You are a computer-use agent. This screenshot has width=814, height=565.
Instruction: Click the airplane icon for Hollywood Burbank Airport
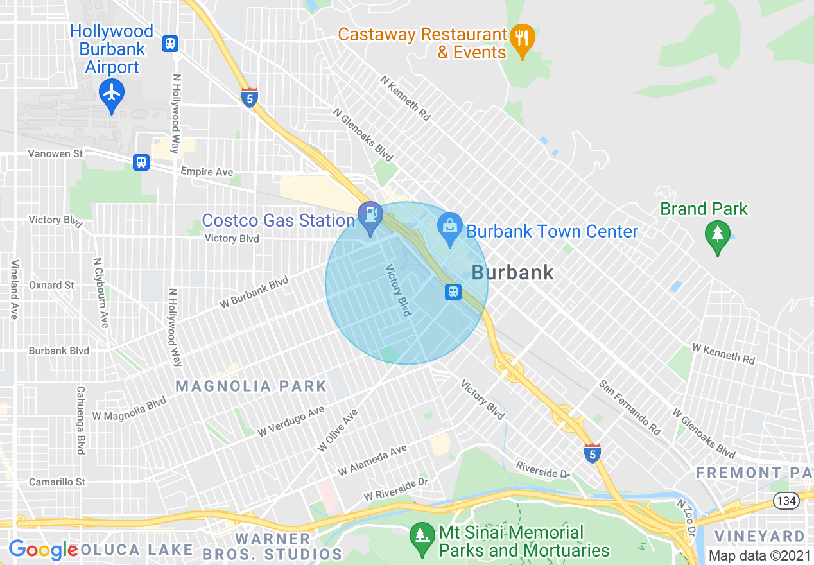112,92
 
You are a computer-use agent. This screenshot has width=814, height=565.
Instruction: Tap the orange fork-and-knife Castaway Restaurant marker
523,37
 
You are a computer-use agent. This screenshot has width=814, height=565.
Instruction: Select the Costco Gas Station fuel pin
370,214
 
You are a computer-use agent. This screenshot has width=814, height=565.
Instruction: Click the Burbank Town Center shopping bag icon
450,226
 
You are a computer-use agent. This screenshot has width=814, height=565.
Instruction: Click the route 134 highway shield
785,500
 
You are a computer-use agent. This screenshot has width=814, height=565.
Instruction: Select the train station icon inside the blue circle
453,292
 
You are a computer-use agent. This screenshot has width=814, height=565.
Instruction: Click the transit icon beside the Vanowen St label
141,162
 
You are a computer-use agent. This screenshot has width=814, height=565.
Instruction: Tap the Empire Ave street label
207,172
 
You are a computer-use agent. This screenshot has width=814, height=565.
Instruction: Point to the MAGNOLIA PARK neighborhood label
251,386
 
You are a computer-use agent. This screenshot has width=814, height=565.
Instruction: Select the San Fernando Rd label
630,407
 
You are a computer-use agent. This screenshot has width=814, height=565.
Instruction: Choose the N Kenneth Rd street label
405,99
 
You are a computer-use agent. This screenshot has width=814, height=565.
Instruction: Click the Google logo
43,550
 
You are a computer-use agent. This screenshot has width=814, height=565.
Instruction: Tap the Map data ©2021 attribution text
758,556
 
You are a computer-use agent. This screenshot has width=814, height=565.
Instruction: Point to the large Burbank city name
512,272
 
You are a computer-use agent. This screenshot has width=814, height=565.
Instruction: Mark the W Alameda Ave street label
372,460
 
